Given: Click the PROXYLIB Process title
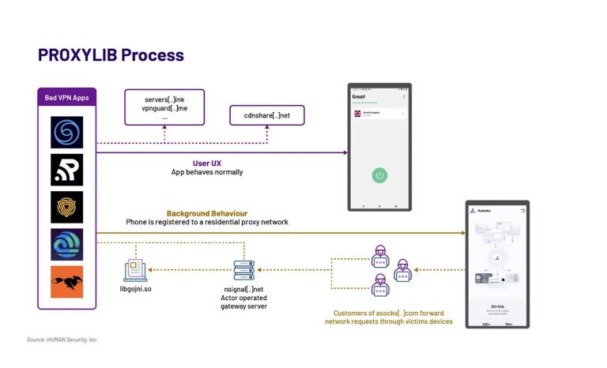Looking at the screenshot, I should click(111, 54).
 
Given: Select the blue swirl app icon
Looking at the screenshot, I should click(67, 132).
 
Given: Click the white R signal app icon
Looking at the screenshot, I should click(67, 170).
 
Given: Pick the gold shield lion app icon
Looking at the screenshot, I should click(67, 207).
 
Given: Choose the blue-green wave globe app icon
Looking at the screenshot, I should click(67, 244).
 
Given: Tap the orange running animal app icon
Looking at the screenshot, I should click(67, 282).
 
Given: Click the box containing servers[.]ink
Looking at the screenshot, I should click(164, 107).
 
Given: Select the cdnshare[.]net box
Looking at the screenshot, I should click(266, 116).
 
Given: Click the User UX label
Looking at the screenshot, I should click(206, 163).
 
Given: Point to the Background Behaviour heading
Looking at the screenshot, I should click(206, 213).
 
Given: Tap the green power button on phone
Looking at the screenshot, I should click(379, 175).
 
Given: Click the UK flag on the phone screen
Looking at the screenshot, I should click(358, 114).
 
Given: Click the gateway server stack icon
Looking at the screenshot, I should click(244, 270).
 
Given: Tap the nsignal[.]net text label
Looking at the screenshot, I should click(244, 291).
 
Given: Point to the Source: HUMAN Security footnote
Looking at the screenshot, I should click(62, 340).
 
